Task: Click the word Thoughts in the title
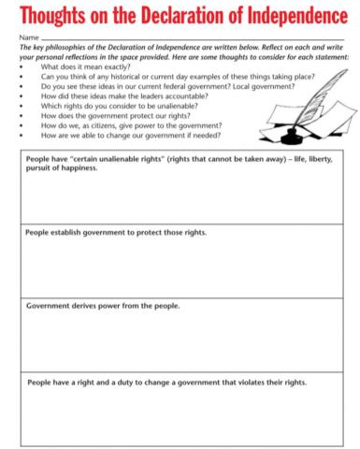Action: pyautogui.click(x=57, y=17)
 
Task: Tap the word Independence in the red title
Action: pyautogui.click(x=293, y=17)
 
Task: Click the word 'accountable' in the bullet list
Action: pyautogui.click(x=187, y=96)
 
